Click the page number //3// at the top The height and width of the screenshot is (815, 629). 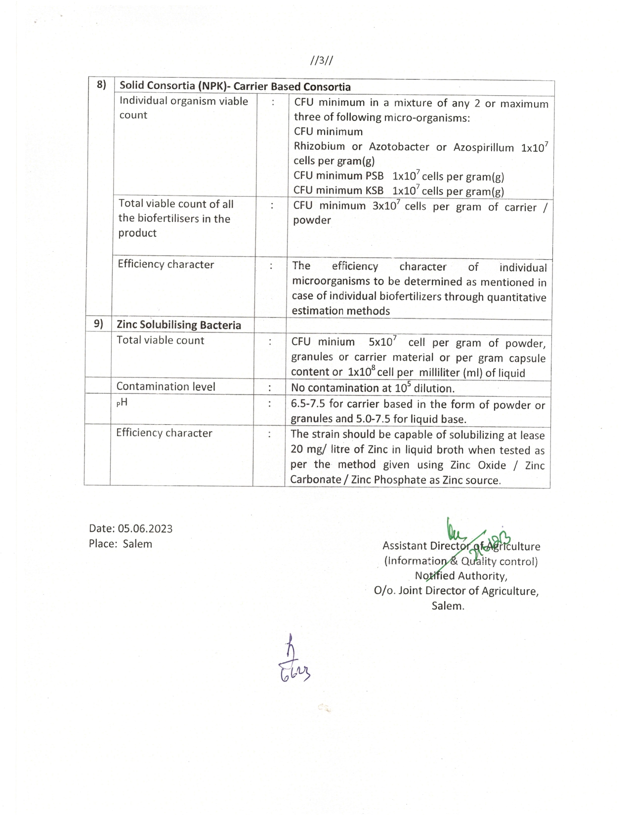(322, 61)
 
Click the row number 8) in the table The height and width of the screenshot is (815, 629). (101, 85)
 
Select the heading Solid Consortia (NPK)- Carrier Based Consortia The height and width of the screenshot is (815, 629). (235, 86)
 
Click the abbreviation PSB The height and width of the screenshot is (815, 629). (374, 176)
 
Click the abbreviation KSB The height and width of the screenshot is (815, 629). (374, 191)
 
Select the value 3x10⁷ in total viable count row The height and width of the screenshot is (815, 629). (385, 206)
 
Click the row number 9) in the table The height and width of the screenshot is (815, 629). (98, 324)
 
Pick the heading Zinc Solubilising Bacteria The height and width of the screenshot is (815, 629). (179, 325)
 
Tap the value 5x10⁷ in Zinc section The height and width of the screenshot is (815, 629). (382, 342)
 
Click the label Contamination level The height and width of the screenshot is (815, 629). (166, 387)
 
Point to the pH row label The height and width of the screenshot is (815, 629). (122, 403)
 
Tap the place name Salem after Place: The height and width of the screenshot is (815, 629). (137, 544)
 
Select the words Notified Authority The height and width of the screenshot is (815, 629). (461, 576)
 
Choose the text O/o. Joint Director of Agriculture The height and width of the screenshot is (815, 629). (456, 591)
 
